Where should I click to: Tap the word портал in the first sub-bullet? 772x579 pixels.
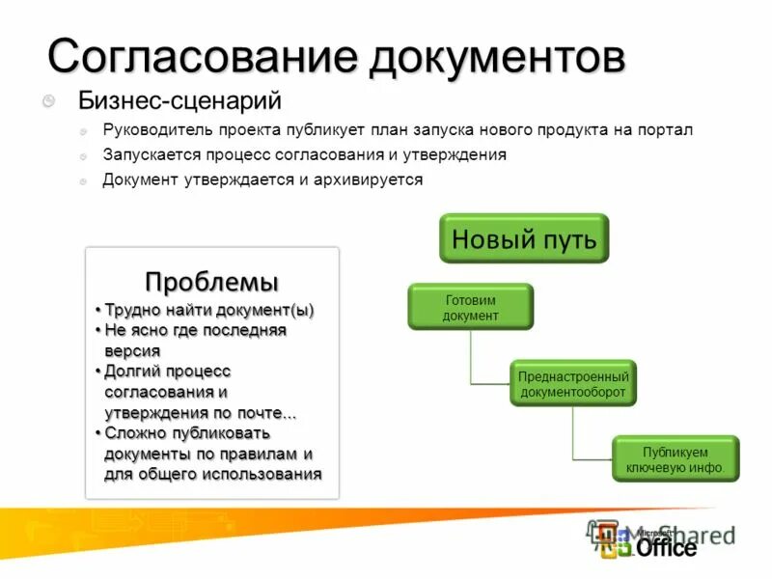(668, 129)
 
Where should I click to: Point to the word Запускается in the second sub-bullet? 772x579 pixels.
(148, 154)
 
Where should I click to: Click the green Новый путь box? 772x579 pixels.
(524, 237)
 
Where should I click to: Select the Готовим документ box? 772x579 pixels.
(470, 307)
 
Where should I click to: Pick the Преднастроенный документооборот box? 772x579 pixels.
(573, 384)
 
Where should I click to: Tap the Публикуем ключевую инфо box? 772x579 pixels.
(675, 458)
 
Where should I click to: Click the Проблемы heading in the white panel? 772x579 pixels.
(212, 282)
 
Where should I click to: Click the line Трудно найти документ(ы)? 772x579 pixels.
(209, 310)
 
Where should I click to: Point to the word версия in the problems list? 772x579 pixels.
(132, 351)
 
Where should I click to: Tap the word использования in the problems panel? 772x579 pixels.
(261, 474)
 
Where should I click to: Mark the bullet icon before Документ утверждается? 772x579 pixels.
(83, 180)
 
